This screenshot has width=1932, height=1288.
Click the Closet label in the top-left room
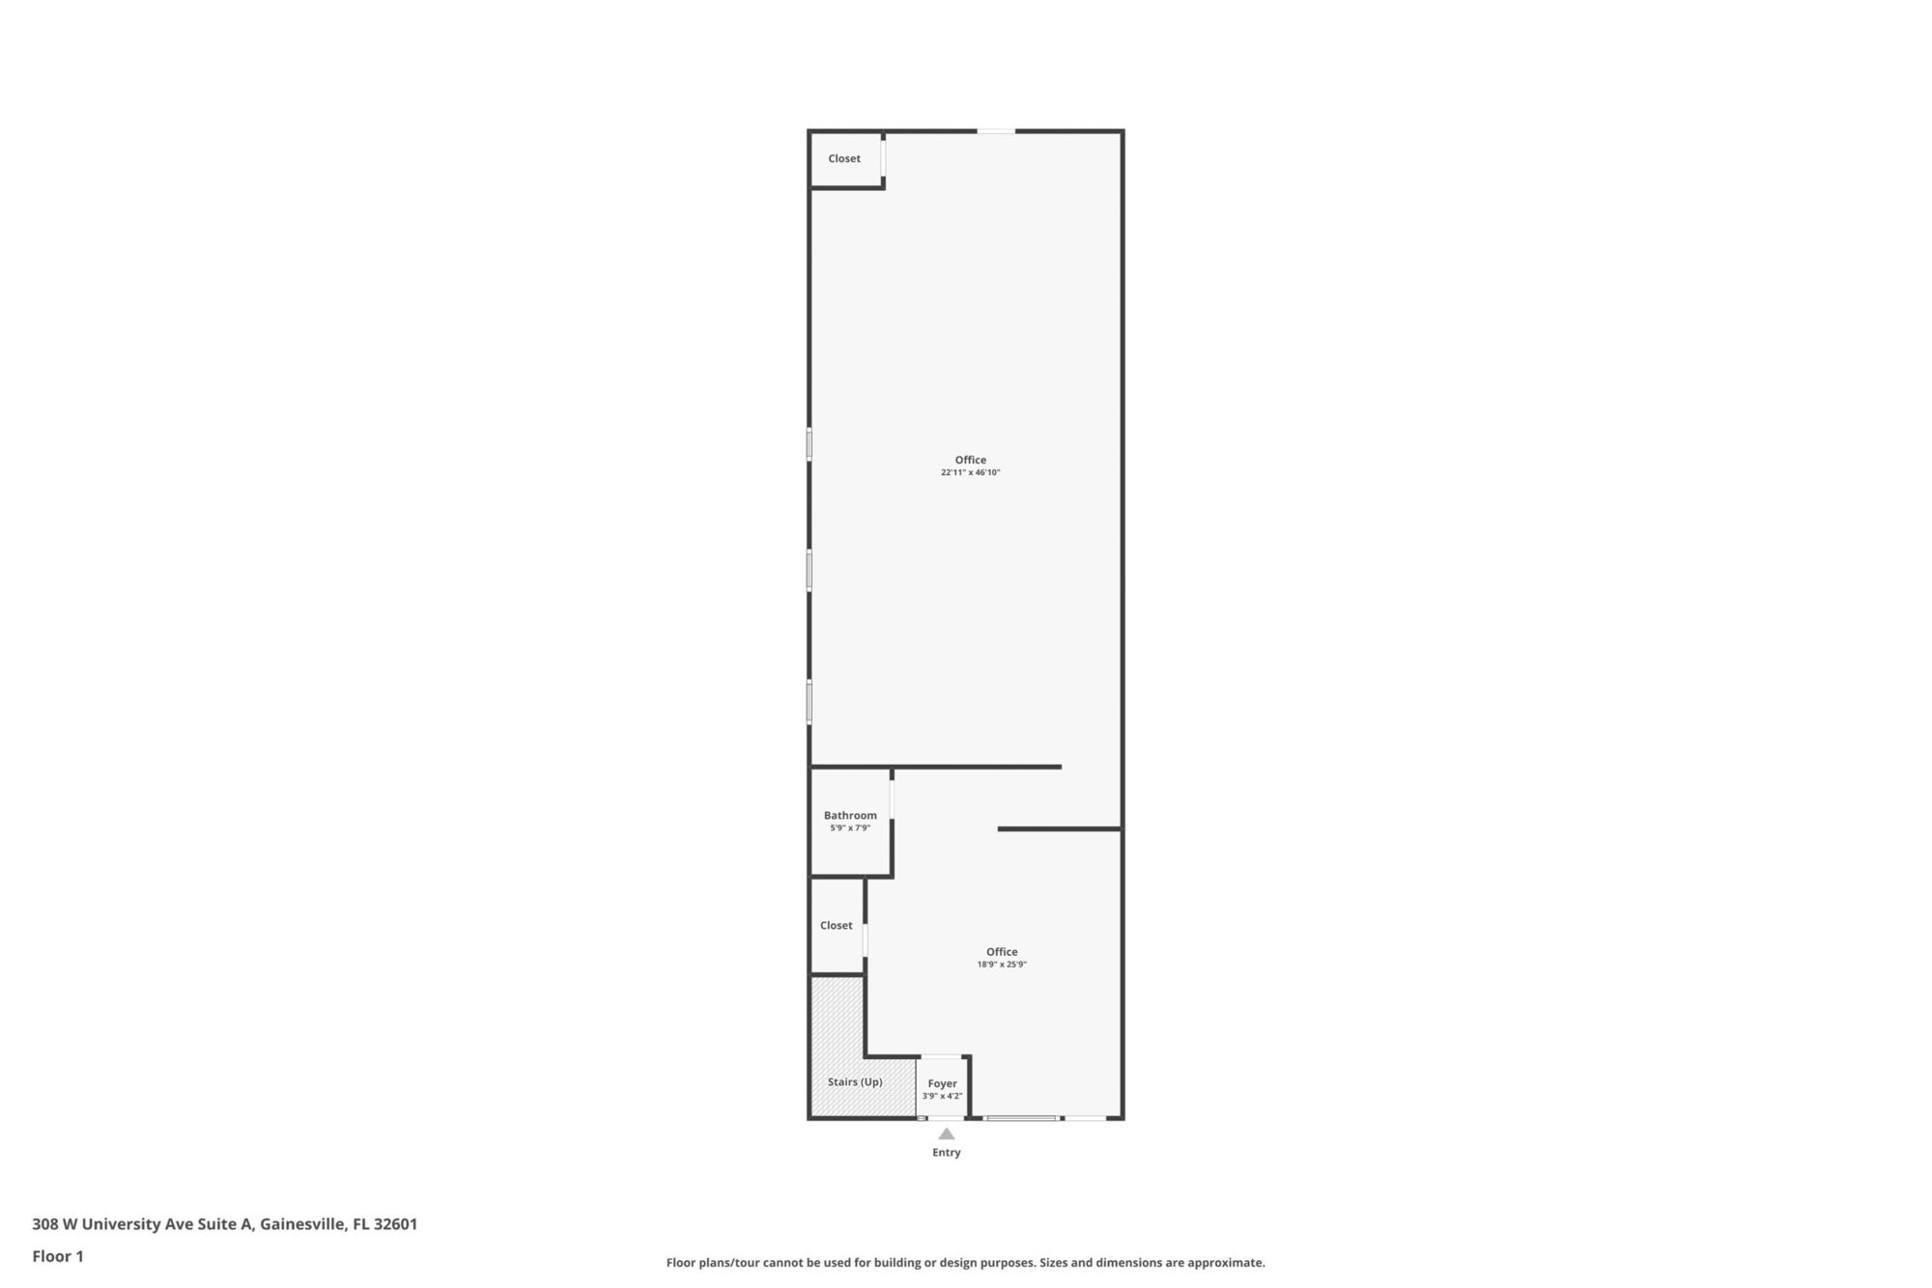[x=844, y=158]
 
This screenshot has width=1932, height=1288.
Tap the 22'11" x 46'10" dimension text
[x=971, y=473]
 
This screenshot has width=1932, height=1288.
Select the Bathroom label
[x=850, y=815]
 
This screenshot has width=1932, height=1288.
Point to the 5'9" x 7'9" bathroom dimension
[x=850, y=828]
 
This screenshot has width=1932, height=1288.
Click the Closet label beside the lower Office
[x=837, y=925]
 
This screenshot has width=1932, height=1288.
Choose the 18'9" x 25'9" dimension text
[x=1002, y=965]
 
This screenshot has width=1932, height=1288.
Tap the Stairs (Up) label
[x=855, y=1081]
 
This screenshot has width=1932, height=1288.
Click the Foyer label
[x=943, y=1083]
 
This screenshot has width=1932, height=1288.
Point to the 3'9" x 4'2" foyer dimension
[x=943, y=1096]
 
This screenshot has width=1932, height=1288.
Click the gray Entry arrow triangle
[x=947, y=1134]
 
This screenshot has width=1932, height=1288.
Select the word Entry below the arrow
[x=947, y=1152]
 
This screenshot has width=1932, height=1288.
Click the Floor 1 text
[x=58, y=1256]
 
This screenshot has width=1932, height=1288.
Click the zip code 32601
[x=395, y=1224]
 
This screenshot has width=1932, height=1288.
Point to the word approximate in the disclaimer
[x=1226, y=1263]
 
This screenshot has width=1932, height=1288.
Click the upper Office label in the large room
[x=971, y=460]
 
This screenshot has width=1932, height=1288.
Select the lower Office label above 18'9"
[x=1002, y=951]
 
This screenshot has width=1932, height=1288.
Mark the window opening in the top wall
[x=996, y=131]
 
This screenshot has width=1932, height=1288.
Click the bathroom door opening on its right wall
[x=892, y=798]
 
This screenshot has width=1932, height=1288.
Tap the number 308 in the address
[x=45, y=1224]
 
